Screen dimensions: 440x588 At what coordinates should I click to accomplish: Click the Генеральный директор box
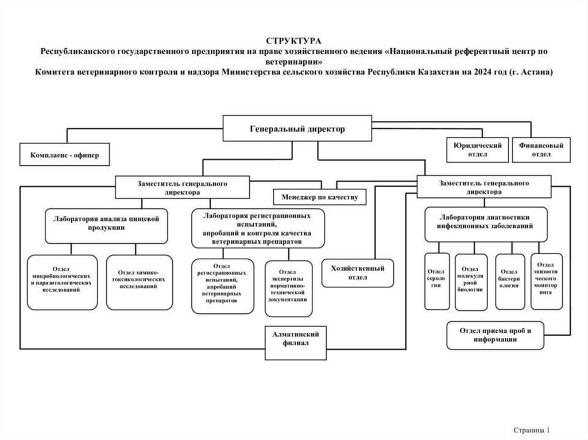click(x=297, y=129)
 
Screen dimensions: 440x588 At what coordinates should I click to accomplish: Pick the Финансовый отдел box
click(x=541, y=150)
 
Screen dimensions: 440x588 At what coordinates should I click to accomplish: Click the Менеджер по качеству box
click(x=320, y=197)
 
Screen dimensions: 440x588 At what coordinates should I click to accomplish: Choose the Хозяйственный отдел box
click(x=358, y=272)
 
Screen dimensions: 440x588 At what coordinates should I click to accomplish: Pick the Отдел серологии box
click(x=436, y=280)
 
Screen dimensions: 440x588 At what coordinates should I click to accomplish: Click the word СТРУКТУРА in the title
click(x=293, y=41)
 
